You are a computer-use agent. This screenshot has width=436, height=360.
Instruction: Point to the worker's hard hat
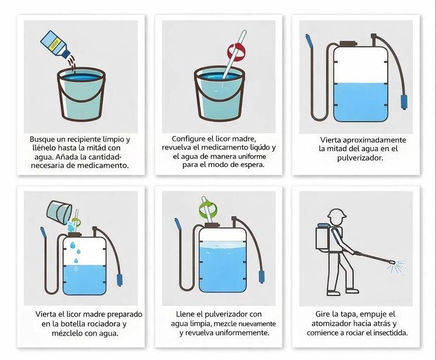(337, 214)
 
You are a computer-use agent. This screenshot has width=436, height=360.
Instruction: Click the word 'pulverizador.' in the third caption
(360, 158)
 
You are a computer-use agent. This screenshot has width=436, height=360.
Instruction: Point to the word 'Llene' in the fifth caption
(185, 315)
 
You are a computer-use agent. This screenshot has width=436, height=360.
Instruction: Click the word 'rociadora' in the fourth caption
(103, 324)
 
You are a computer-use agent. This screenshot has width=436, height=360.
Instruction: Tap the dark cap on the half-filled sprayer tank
(348, 44)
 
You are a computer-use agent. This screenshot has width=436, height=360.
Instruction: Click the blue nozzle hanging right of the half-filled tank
(404, 102)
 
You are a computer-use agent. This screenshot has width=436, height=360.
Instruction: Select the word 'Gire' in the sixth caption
(322, 315)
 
